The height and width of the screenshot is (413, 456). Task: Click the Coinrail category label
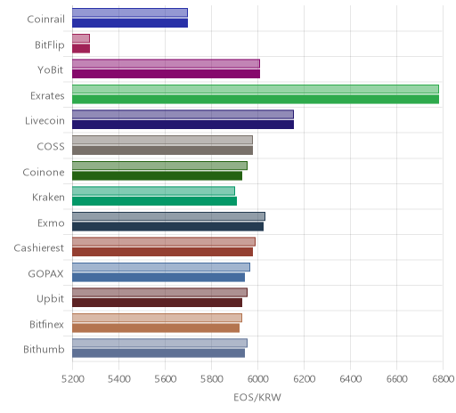pyautogui.click(x=45, y=20)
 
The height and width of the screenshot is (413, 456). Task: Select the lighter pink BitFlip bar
pyautogui.click(x=81, y=38)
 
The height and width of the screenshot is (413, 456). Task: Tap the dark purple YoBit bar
pyautogui.click(x=166, y=74)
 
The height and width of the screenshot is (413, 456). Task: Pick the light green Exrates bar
pyautogui.click(x=256, y=89)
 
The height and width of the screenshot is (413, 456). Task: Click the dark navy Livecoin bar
pyautogui.click(x=183, y=125)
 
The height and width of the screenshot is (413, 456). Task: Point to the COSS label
pyautogui.click(x=51, y=147)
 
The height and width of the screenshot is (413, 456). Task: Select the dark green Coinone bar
pyautogui.click(x=157, y=176)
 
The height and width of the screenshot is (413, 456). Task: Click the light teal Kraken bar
pyautogui.click(x=153, y=190)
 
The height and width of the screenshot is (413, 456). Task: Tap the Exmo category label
pyautogui.click(x=51, y=223)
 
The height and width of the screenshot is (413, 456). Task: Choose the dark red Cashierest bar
pyautogui.click(x=162, y=252)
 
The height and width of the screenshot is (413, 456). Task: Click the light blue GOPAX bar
pyautogui.click(x=161, y=267)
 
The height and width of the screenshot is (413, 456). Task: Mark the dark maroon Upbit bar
pyautogui.click(x=157, y=303)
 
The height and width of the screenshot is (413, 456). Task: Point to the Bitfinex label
pyautogui.click(x=46, y=324)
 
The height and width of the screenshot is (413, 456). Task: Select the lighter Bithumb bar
pyautogui.click(x=159, y=344)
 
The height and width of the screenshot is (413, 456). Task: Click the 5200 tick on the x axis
pyautogui.click(x=72, y=379)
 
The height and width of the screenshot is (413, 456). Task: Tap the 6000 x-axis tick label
pyautogui.click(x=257, y=379)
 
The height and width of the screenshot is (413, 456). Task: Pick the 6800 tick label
pyautogui.click(x=443, y=379)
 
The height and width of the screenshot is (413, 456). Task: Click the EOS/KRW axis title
pyautogui.click(x=257, y=397)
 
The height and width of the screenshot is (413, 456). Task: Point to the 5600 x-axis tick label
pyautogui.click(x=165, y=379)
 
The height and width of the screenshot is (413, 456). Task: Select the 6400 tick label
pyautogui.click(x=350, y=379)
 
